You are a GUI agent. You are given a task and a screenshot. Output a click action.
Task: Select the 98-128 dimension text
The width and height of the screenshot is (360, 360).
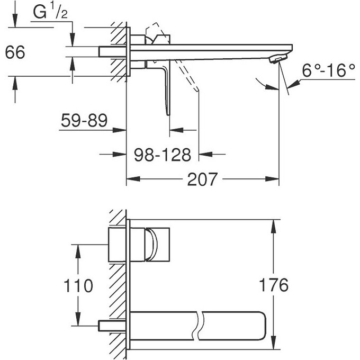coord(162,155)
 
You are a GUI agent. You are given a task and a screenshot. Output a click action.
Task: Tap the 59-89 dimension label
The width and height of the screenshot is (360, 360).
coord(84,120)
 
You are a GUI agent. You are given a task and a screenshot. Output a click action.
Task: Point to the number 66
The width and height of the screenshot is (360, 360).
coord(15,53)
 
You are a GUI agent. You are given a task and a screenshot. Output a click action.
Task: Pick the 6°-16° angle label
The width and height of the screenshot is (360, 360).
coord(328,70)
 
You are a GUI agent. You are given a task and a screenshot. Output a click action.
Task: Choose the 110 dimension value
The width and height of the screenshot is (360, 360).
coord(77,286)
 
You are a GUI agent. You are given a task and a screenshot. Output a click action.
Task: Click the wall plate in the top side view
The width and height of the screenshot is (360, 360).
coord(128,53)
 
